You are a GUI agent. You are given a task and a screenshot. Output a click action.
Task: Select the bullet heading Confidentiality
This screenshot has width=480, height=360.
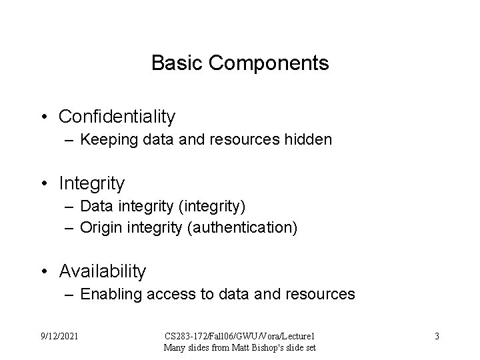pyautogui.click(x=117, y=117)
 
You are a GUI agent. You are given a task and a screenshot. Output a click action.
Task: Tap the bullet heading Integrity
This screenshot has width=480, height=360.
pyautogui.click(x=91, y=182)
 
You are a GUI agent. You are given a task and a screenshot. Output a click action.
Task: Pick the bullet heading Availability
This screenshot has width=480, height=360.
pyautogui.click(x=102, y=271)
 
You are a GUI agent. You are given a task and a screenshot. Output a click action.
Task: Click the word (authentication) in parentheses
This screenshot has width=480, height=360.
pyautogui.click(x=243, y=228)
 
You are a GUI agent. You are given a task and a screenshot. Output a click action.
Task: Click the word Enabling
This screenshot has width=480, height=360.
pyautogui.click(x=110, y=294)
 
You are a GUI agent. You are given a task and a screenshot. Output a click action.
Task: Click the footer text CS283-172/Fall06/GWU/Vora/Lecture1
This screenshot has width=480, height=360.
pyautogui.click(x=239, y=336)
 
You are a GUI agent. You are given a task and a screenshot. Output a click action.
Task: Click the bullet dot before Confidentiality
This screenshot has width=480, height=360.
pyautogui.click(x=43, y=117)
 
